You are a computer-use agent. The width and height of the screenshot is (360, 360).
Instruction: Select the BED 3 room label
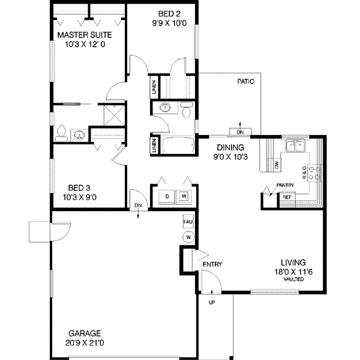[x=80, y=187]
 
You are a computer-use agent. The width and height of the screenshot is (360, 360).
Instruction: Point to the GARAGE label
[x=83, y=333]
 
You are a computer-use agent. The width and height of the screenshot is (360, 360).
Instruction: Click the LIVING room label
[x=294, y=262]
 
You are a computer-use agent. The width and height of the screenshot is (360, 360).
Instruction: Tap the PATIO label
[x=247, y=80]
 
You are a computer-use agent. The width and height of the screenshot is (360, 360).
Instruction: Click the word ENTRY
[x=212, y=265]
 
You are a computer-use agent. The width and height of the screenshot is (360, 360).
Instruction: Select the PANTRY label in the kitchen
[x=284, y=185]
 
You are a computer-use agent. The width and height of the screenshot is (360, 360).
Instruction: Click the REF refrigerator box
[x=287, y=196]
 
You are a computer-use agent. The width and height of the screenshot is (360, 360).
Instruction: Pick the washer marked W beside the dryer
[x=184, y=196]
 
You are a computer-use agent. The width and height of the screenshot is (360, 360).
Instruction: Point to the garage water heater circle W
[x=188, y=237]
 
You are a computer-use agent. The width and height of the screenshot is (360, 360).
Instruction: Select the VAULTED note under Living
[x=294, y=280]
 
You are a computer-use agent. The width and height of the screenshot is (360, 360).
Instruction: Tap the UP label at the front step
[x=211, y=304]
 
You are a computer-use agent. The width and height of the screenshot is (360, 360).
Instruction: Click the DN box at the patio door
[x=241, y=132]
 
